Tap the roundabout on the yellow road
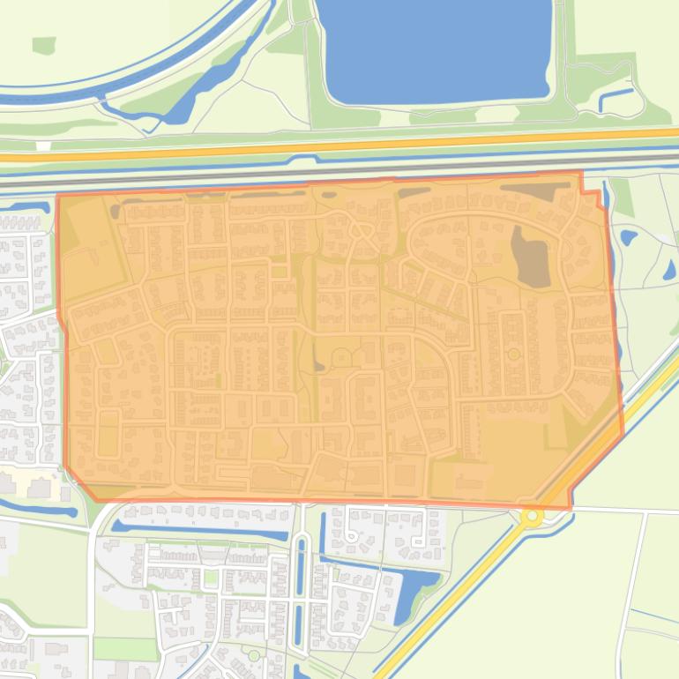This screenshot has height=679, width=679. pyautogui.click(x=532, y=516)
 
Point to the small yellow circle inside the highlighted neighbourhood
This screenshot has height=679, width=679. pyautogui.click(x=513, y=354)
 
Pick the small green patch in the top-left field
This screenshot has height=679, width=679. pyautogui.click(x=43, y=45)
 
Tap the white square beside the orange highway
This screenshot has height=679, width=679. pyautogui.click(x=43, y=145)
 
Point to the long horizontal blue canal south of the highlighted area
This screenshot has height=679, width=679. pyautogui.click(x=203, y=532)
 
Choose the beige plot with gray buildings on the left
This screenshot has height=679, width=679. pyautogui.click(x=35, y=484)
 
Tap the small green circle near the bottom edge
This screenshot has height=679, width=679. pyautogui.click(x=254, y=655)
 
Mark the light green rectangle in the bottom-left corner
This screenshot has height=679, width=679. pyautogui.click(x=112, y=649)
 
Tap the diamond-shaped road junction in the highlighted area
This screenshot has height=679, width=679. pyautogui.click(x=361, y=230)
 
